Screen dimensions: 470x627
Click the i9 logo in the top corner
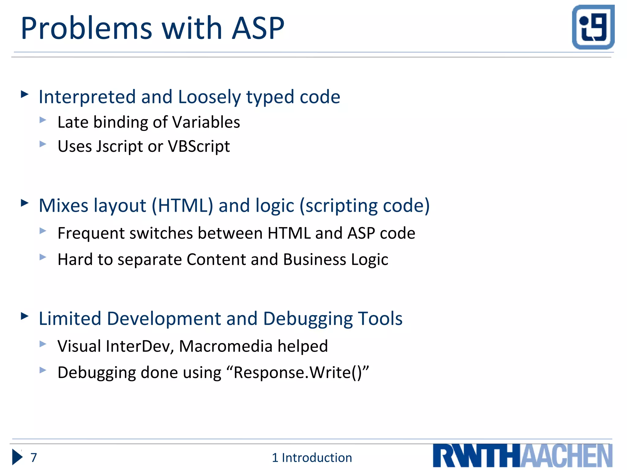(593, 27)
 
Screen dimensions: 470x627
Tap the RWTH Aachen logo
(522, 456)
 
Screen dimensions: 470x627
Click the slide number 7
(34, 457)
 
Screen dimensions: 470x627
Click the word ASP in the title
(258, 28)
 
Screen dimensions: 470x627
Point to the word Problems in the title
(86, 28)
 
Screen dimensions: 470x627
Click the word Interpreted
(87, 97)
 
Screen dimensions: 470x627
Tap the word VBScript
(199, 146)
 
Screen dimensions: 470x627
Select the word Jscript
(119, 147)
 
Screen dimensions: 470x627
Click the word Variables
(206, 122)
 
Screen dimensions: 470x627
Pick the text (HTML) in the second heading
(182, 206)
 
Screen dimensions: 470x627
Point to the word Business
(315, 259)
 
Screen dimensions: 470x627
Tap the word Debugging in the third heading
(308, 319)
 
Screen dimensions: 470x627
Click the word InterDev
(140, 346)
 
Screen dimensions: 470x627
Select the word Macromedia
(226, 346)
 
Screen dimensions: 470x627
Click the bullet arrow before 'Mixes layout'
(24, 203)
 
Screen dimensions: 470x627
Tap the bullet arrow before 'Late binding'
(43, 120)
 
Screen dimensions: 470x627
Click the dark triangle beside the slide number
(17, 457)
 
